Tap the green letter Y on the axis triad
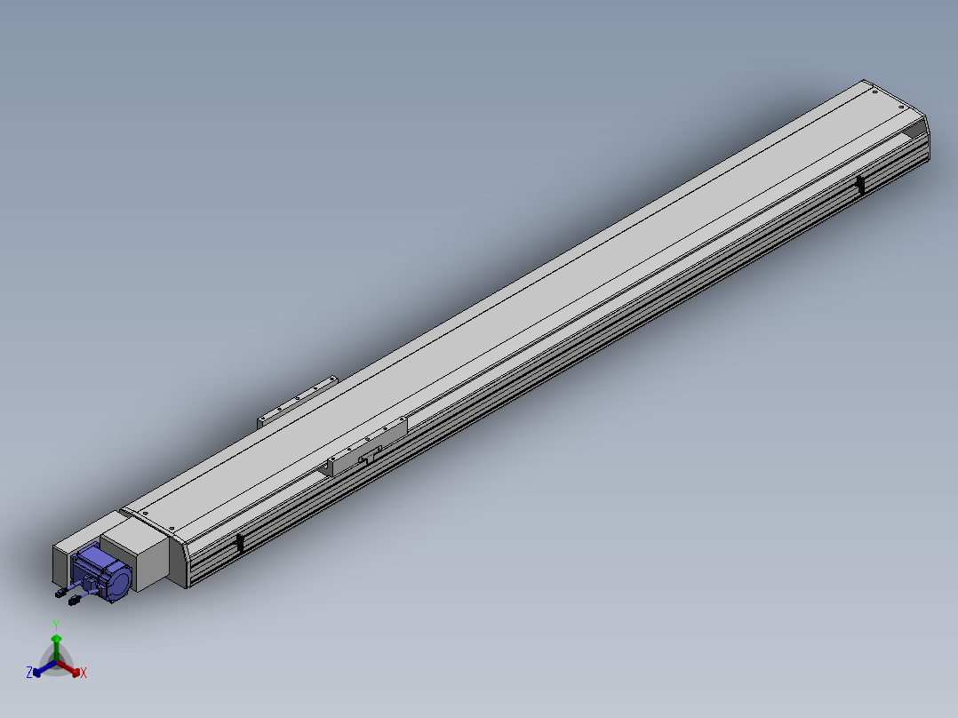pyautogui.click(x=56, y=626)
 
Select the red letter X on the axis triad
pyautogui.click(x=84, y=673)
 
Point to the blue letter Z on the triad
pyautogui.click(x=29, y=673)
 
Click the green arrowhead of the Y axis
pyautogui.click(x=56, y=639)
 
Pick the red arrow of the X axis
pyautogui.click(x=68, y=668)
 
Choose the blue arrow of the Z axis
pyautogui.click(x=44, y=668)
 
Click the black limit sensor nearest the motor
pyautogui.click(x=240, y=543)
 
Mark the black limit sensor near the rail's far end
pyautogui.click(x=860, y=183)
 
